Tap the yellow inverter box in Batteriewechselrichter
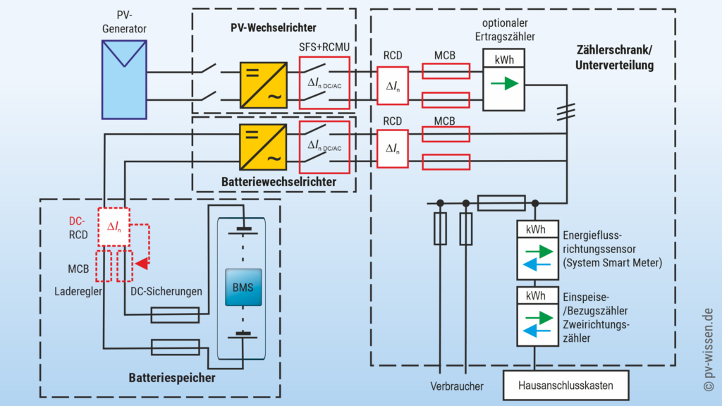coord(263,147)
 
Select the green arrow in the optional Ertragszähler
coord(503,83)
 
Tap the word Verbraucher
coord(458,386)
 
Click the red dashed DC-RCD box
coord(114,227)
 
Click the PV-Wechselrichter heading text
coord(274,27)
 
